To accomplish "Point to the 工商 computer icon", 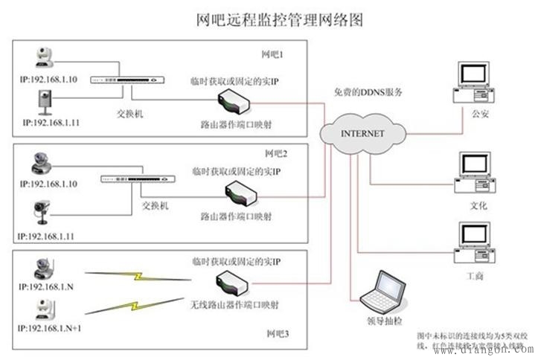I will (x=473, y=242).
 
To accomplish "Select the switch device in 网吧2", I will (x=138, y=179).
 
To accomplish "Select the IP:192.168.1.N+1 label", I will (x=54, y=327).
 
